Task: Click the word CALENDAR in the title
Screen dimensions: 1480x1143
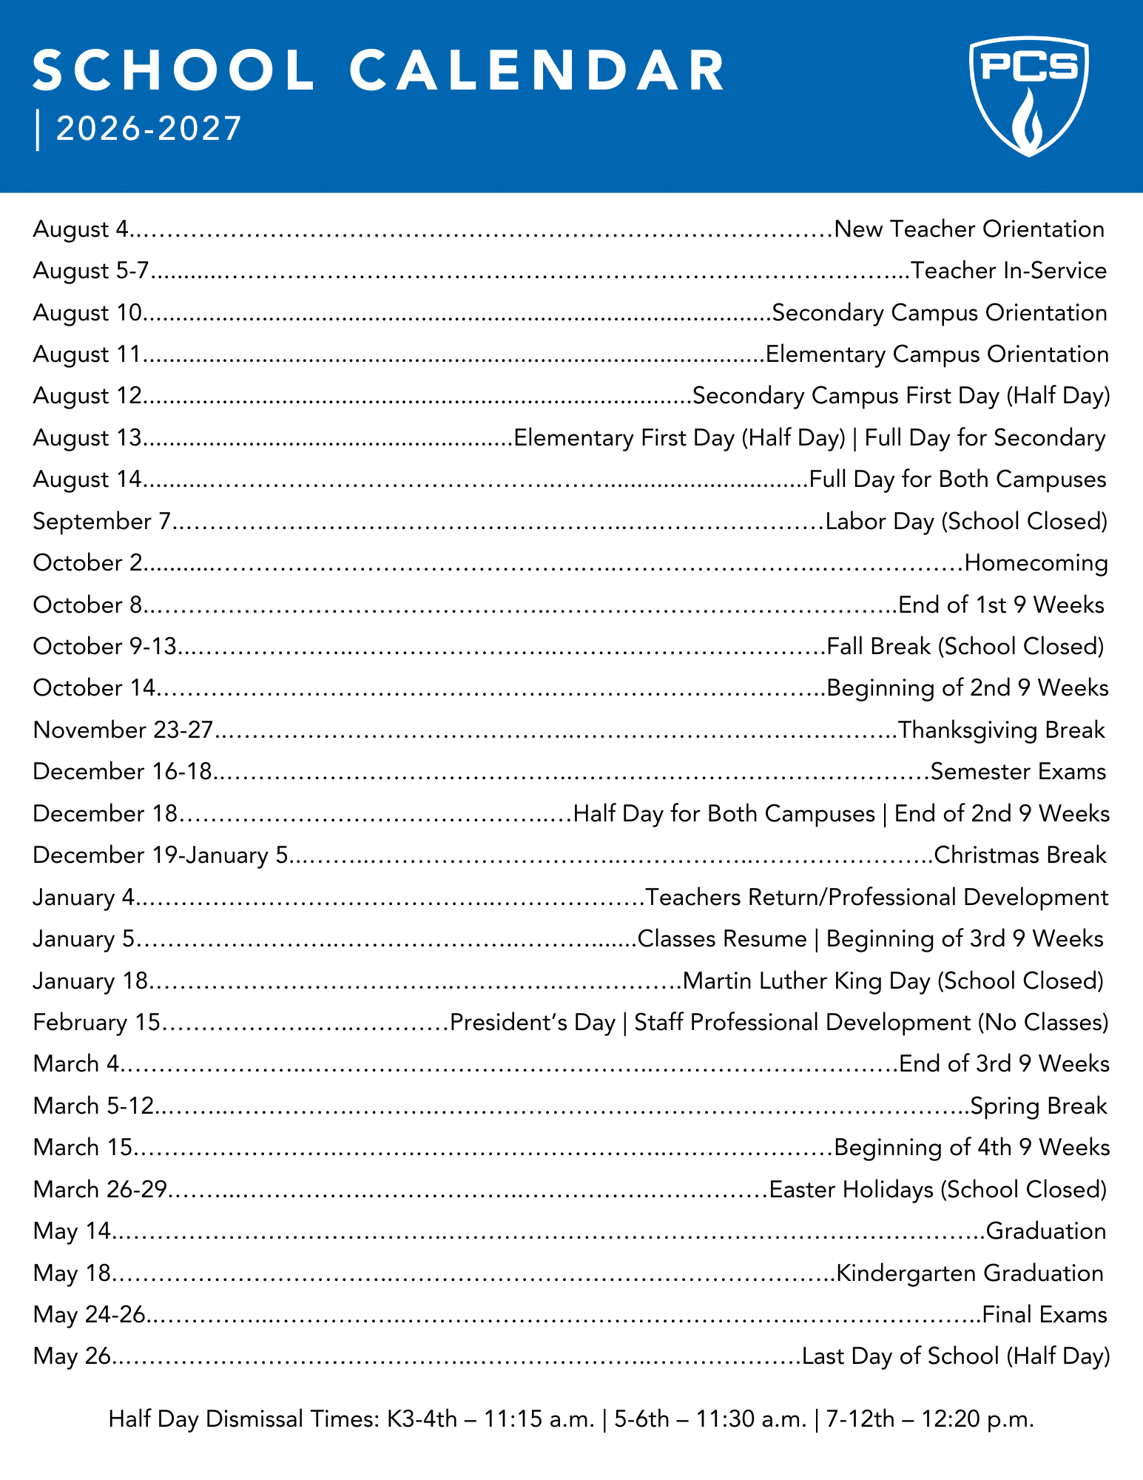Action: click(x=537, y=72)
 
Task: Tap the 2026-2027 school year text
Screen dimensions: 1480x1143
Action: click(x=149, y=129)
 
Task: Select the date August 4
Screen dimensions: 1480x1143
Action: click(x=81, y=229)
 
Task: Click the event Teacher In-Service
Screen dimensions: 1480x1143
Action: click(x=1009, y=271)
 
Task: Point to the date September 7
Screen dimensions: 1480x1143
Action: click(x=102, y=522)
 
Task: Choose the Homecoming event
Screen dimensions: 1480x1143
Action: click(x=1036, y=563)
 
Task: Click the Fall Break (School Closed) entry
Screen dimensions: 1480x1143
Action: click(x=965, y=647)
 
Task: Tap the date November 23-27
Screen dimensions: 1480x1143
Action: click(x=123, y=730)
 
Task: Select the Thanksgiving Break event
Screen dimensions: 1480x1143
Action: click(x=1001, y=730)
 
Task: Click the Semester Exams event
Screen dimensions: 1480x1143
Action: click(x=1018, y=772)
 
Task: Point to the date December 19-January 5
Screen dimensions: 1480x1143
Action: click(x=160, y=855)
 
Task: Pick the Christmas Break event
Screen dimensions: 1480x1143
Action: click(x=1020, y=855)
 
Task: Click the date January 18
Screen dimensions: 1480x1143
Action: click(x=91, y=981)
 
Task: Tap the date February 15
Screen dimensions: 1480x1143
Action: click(x=97, y=1023)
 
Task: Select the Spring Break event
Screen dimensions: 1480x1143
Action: click(x=1039, y=1106)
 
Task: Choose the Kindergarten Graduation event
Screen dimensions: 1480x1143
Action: click(x=970, y=1274)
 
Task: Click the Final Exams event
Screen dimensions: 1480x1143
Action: click(x=1045, y=1315)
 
